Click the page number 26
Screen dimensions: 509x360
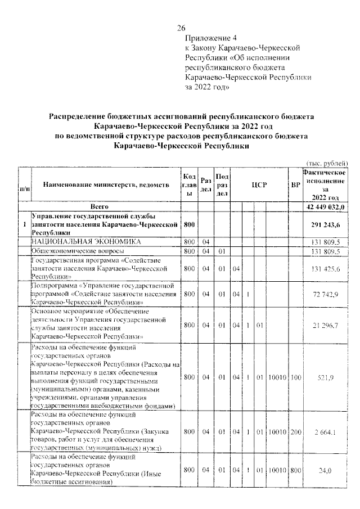tap(181, 29)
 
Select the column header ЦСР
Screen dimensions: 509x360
tap(258, 184)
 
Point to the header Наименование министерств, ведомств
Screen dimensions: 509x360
tap(106, 184)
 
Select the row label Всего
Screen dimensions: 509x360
tap(106, 206)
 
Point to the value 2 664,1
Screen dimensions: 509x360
tap(326, 431)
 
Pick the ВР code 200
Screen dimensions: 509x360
tap(295, 431)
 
